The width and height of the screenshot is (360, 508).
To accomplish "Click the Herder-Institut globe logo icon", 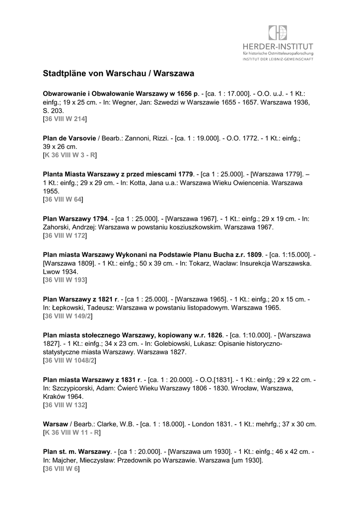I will pos(278,33).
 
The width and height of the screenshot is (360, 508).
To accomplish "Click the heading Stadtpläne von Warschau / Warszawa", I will pos(118,73).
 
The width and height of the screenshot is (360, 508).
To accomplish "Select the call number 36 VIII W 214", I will pos(65,120).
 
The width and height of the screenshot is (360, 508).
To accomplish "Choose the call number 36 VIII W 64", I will pos(63,200).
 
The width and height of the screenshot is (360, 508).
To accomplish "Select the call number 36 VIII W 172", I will pos(65,236).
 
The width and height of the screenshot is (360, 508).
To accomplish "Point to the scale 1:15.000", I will pos(296,254).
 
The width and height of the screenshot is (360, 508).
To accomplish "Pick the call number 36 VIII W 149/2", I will pos(69,317).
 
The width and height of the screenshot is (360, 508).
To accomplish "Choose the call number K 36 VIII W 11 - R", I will pos(72,433).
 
